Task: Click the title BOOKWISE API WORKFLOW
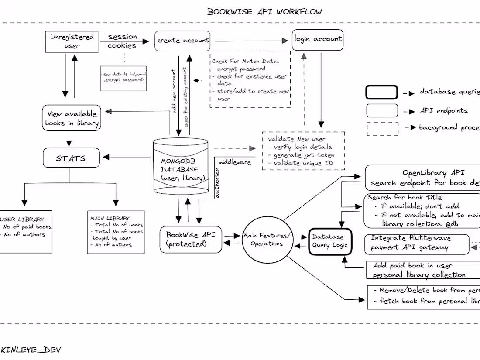coord(264,11)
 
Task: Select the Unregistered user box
coord(72,41)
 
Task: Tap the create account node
coord(182,41)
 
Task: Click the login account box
coord(318,39)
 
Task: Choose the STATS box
coord(71,158)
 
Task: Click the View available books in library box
coord(72,118)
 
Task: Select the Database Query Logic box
coord(330,241)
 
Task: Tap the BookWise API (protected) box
coord(188,240)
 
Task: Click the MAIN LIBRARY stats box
coord(116,231)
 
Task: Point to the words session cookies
coord(122,41)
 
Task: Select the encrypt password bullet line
coord(241,69)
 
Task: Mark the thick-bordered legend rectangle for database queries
coord(381,93)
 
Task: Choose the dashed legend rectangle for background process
coord(382,129)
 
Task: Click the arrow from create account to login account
coord(252,41)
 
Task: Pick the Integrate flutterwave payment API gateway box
coord(416,243)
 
